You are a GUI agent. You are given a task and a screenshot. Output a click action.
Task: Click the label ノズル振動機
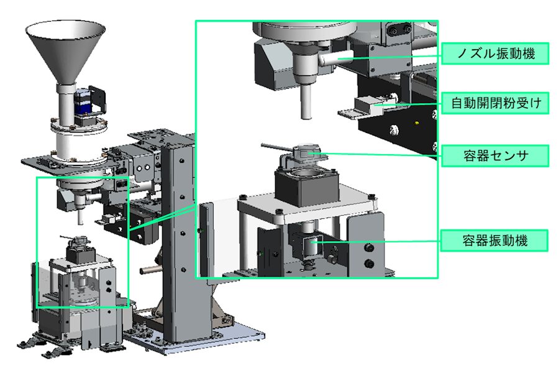tap(495, 53)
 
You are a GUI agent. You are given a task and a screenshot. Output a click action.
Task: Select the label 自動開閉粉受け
tap(495, 103)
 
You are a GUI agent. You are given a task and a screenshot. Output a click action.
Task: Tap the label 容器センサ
tap(495, 155)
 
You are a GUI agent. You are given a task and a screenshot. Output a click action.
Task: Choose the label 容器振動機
tap(494, 241)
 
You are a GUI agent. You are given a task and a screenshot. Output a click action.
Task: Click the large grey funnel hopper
tap(66, 50)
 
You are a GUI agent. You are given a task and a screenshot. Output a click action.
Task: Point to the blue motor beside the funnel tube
tap(82, 102)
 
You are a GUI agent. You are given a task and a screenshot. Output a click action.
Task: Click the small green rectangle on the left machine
tap(83, 242)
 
